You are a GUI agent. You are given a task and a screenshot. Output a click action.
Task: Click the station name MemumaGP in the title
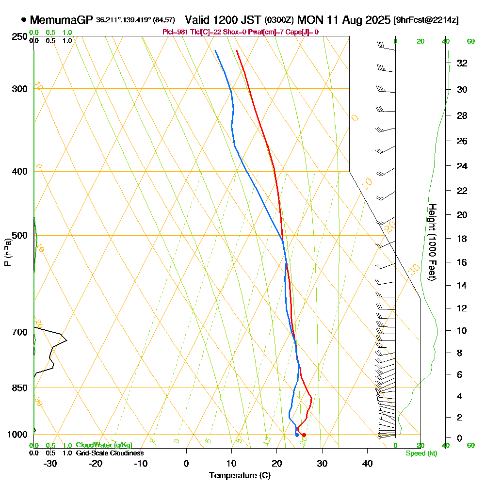coord(62,20)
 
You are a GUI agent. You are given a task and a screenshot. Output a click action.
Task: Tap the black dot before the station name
coord(24,20)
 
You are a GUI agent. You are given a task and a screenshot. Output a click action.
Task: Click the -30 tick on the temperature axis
coord(50,463)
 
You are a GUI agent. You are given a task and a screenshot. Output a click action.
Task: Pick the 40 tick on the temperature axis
coord(368,463)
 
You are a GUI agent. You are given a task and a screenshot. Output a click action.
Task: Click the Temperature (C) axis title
coord(240,476)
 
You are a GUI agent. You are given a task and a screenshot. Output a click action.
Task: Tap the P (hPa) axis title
coord(7,252)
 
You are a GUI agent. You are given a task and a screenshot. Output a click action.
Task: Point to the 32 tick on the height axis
coord(462,63)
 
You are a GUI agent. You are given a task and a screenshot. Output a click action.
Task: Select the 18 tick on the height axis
coord(462,239)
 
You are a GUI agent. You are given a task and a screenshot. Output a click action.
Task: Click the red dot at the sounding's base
coord(304,435)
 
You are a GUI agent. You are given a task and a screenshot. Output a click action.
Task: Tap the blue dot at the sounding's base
coord(297,435)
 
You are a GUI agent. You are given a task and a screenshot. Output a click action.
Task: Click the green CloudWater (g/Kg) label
coord(103,445)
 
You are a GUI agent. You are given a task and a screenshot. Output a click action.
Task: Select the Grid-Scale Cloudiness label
coord(109,453)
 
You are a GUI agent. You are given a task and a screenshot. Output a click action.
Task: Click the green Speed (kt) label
coord(420,453)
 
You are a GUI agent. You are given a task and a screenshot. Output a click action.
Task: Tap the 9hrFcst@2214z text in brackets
coord(427,20)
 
